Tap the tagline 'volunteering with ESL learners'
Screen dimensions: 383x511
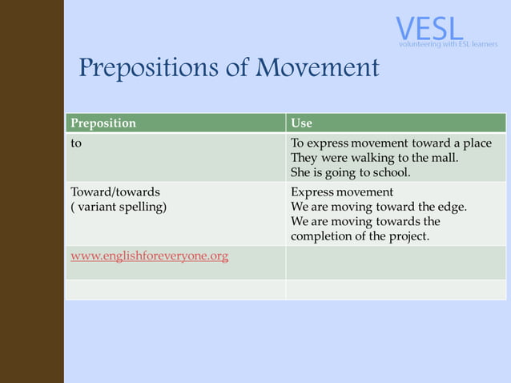[x=448, y=44]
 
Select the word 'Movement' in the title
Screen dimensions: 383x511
[x=317, y=68]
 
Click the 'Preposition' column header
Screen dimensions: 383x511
[x=103, y=123]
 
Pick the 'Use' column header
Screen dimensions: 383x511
[x=301, y=123]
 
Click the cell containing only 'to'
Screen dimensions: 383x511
[x=76, y=143]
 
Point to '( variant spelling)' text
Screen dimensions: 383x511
[x=119, y=207]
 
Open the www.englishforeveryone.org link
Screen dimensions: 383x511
[x=150, y=256]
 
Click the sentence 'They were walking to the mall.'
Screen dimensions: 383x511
[x=374, y=158]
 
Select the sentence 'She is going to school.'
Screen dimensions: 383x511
[x=350, y=172]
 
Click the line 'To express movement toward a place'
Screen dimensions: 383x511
[x=391, y=143]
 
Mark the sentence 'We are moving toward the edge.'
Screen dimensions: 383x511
[x=378, y=207]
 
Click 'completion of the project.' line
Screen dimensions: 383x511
[x=360, y=236]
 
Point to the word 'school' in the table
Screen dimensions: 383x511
[x=389, y=172]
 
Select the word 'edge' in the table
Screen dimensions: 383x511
[x=449, y=207]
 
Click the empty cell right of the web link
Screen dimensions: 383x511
[x=396, y=262]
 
